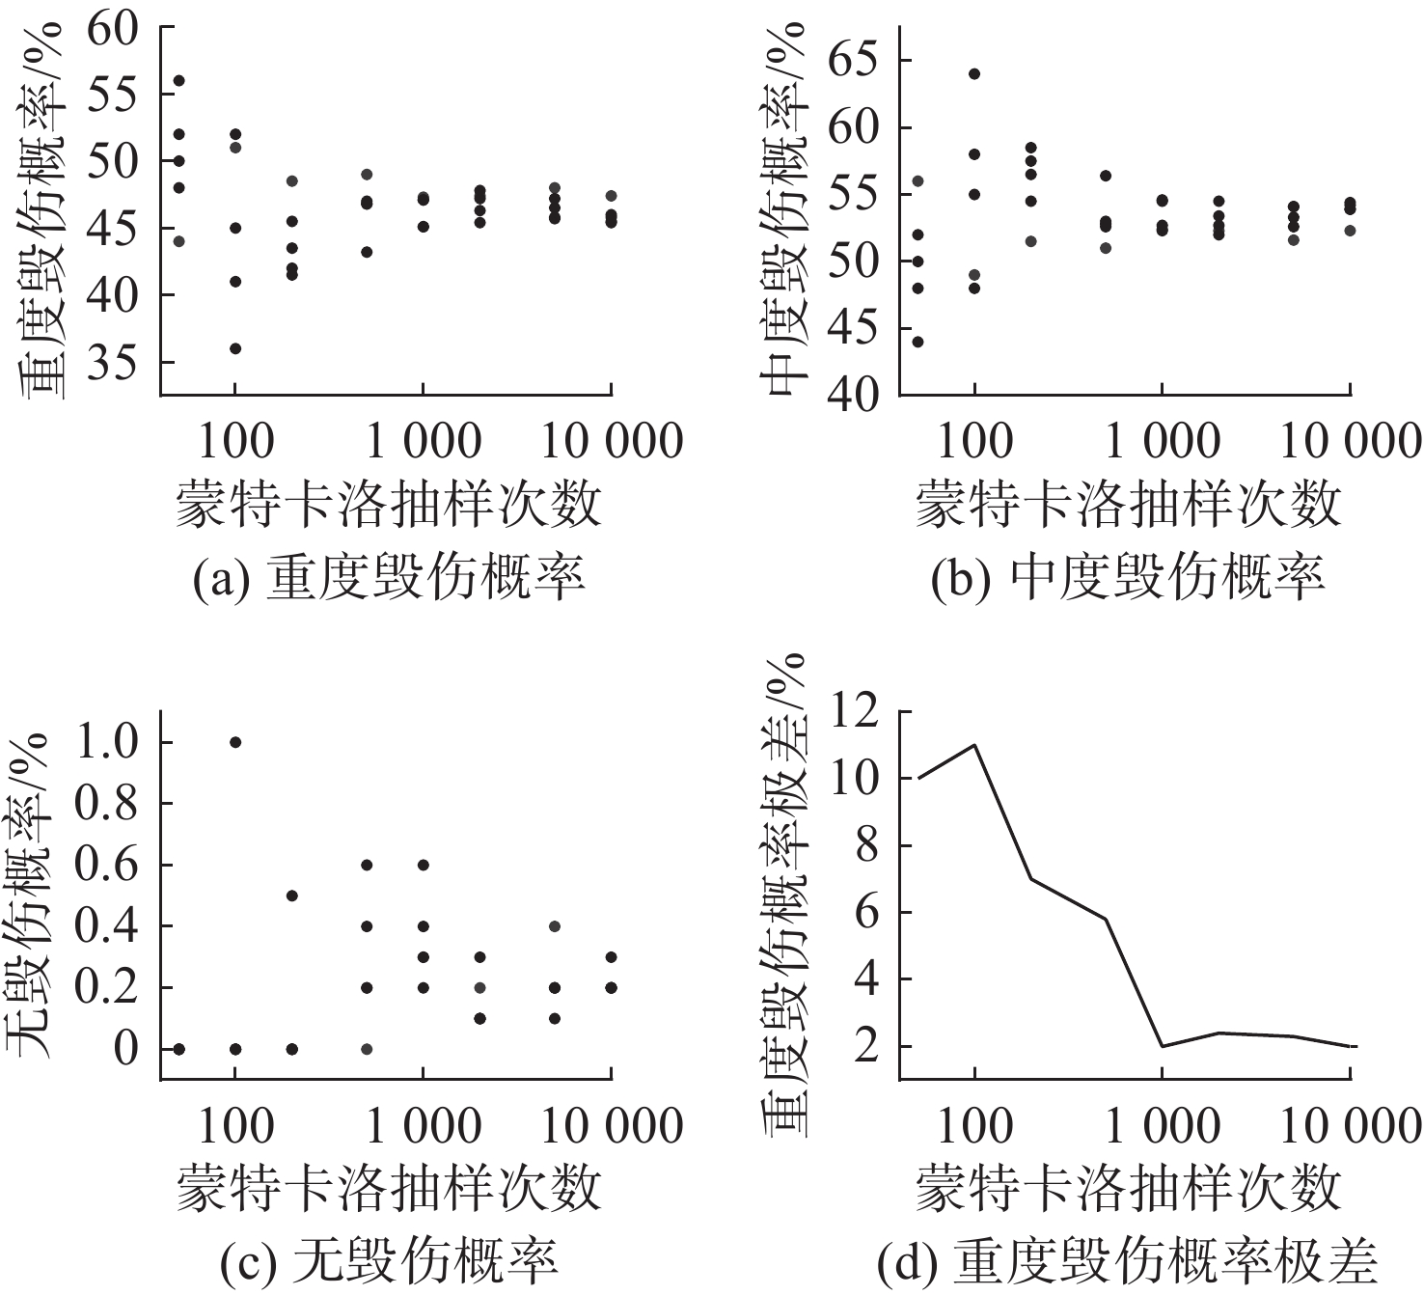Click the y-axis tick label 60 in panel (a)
(112, 31)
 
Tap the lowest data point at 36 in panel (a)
(235, 348)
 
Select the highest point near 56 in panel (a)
(178, 81)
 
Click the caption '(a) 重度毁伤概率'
(389, 577)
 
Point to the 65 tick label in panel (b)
(853, 62)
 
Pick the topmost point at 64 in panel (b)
(974, 74)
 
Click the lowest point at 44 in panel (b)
(917, 342)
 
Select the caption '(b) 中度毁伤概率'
(1128, 577)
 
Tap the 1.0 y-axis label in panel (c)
(106, 743)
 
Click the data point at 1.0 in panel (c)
(235, 742)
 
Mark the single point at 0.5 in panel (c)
(291, 895)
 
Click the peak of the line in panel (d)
(974, 744)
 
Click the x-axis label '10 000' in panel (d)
(1350, 1127)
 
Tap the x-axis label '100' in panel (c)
(235, 1127)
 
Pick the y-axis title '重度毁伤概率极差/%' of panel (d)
(783, 895)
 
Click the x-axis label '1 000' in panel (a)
(424, 442)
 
